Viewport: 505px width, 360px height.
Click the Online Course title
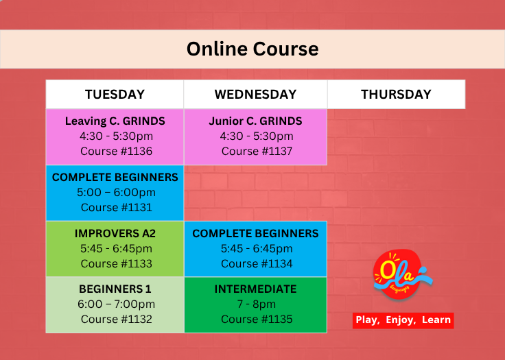click(252, 49)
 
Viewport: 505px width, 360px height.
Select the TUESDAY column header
click(115, 95)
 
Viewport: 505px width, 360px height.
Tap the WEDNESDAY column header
click(255, 95)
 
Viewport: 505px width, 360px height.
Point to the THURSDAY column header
click(396, 95)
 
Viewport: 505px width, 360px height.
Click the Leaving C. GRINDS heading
click(115, 121)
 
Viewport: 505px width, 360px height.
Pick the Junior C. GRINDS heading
click(255, 121)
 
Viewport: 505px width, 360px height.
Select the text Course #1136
click(116, 152)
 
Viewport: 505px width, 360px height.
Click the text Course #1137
click(257, 152)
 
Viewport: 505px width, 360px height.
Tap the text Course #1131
click(116, 207)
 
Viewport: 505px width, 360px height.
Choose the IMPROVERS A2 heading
click(115, 233)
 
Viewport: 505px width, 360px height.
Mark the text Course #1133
click(116, 264)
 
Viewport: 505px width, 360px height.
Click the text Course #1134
click(257, 264)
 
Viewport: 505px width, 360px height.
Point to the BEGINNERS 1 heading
click(115, 289)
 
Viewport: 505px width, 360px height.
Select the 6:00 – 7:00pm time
click(116, 304)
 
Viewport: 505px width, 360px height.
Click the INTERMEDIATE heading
click(255, 289)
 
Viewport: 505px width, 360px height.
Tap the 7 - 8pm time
click(257, 304)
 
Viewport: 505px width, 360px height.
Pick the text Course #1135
click(257, 320)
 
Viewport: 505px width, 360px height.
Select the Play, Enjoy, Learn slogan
click(403, 320)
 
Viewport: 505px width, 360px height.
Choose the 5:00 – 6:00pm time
click(116, 193)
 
